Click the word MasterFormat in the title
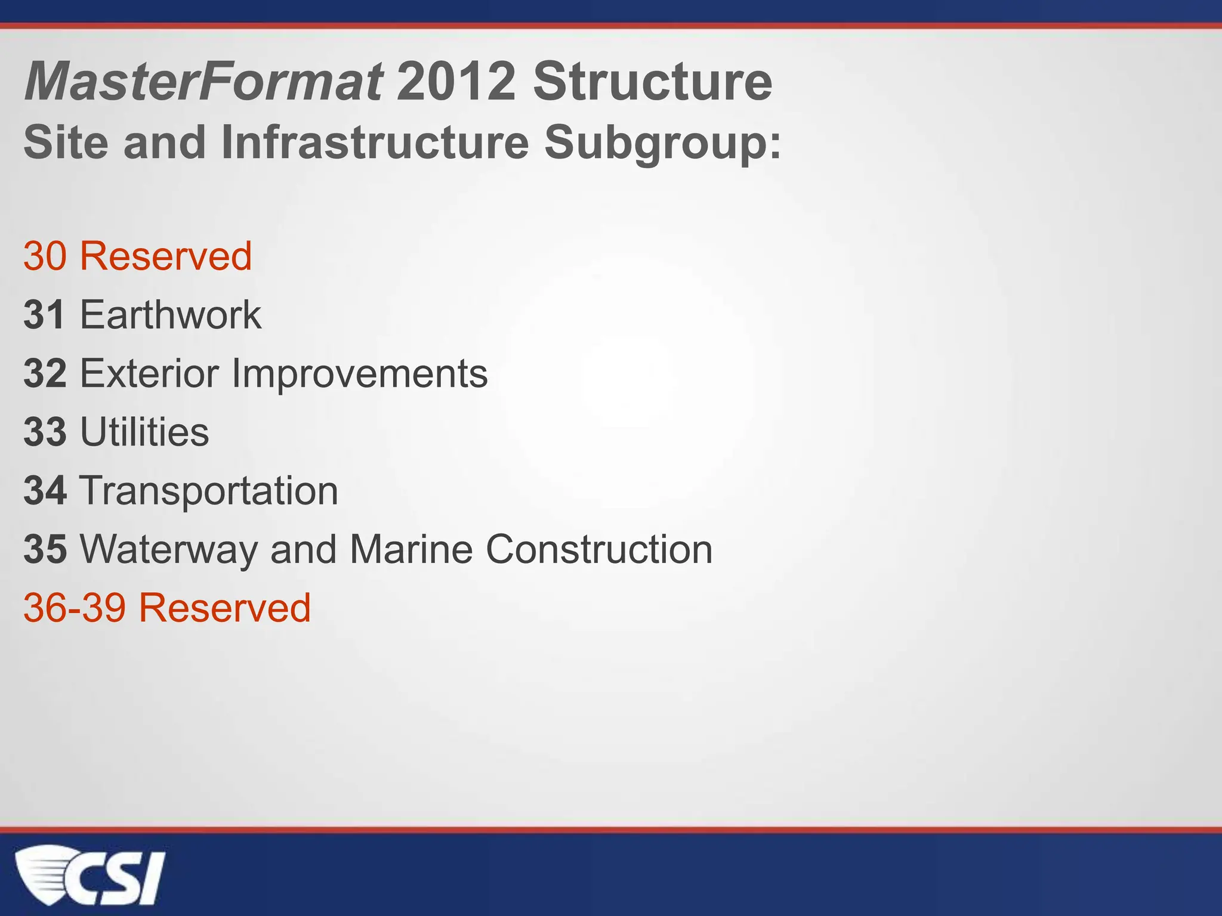pyautogui.click(x=203, y=82)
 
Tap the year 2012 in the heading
pyautogui.click(x=456, y=82)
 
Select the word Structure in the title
pyautogui.click(x=652, y=82)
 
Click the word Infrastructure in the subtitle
pyautogui.click(x=375, y=143)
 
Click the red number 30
pyautogui.click(x=45, y=256)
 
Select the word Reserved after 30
pyautogui.click(x=166, y=256)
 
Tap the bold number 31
pyautogui.click(x=44, y=315)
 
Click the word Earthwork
pyautogui.click(x=171, y=315)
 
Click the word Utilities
pyautogui.click(x=144, y=432)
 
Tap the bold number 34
pyautogui.click(x=45, y=491)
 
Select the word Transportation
pyautogui.click(x=209, y=491)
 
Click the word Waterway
pyautogui.click(x=168, y=549)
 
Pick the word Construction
pyautogui.click(x=599, y=549)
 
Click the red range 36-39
pyautogui.click(x=75, y=608)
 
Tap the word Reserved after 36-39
pyautogui.click(x=225, y=608)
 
